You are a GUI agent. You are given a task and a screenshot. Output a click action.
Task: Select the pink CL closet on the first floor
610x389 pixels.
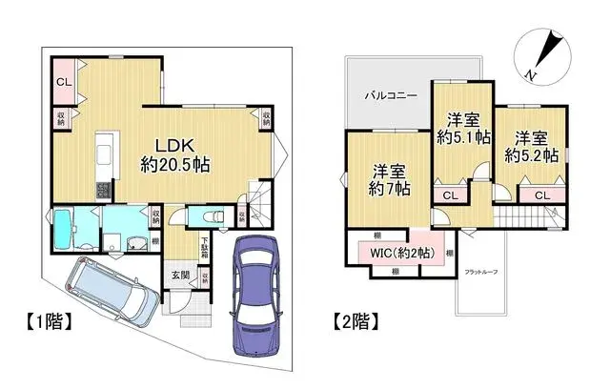[63, 82]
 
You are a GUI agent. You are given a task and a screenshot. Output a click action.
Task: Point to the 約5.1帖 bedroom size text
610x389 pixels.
[464, 137]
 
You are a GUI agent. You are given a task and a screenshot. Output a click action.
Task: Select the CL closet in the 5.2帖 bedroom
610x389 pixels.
[540, 195]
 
